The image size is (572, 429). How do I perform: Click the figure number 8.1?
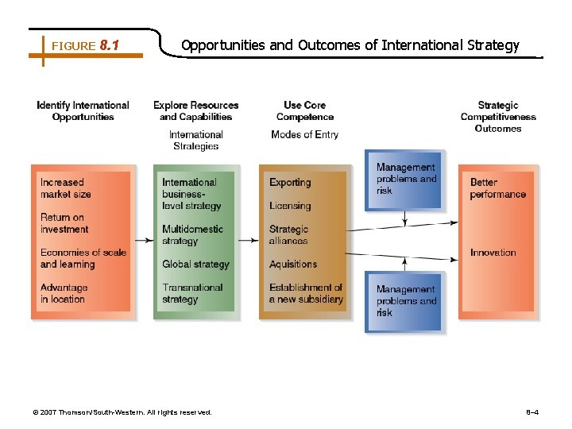(x=109, y=46)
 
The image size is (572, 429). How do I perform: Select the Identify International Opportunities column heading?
(x=83, y=111)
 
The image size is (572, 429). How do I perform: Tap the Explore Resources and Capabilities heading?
(x=195, y=111)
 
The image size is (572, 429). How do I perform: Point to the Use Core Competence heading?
(x=304, y=111)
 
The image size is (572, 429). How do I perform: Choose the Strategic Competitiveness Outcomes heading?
(x=498, y=117)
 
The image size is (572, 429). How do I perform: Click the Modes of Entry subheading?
(x=304, y=134)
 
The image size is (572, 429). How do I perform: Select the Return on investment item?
(x=64, y=223)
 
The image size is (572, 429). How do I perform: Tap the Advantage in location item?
(x=64, y=293)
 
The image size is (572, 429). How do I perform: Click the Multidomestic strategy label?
(x=192, y=235)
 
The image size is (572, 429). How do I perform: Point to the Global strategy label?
(x=195, y=264)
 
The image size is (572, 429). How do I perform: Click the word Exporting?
(x=290, y=183)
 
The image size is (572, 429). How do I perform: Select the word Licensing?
(x=290, y=206)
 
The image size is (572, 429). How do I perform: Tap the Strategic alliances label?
(x=289, y=235)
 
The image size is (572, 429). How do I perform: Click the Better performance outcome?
(x=497, y=188)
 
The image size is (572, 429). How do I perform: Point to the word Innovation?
(x=493, y=253)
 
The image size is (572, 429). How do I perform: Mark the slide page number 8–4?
(x=532, y=412)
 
